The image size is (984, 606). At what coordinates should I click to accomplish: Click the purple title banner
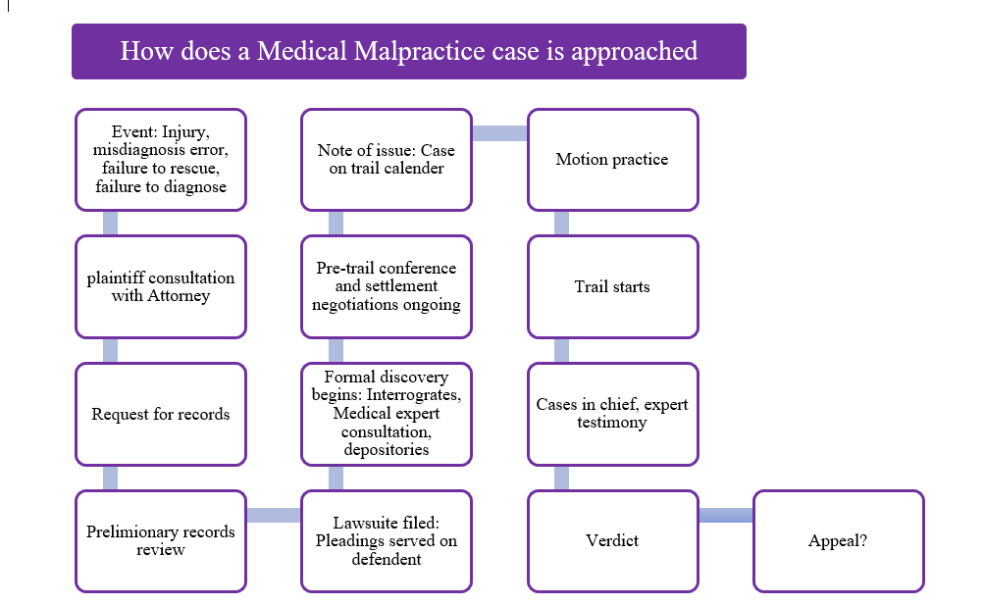coord(408,51)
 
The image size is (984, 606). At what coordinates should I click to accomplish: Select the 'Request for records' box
coord(161,414)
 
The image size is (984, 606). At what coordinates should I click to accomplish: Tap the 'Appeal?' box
coord(838,541)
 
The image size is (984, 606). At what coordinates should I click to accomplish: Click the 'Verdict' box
coord(612,541)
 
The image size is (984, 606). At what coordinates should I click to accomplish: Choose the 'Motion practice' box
coord(612,159)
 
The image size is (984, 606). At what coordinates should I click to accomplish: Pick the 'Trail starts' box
coord(612,286)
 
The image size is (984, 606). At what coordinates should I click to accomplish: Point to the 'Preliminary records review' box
coord(161,541)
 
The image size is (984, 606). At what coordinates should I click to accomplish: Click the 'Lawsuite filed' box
coord(387,541)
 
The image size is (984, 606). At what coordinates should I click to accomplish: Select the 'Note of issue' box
coord(387,159)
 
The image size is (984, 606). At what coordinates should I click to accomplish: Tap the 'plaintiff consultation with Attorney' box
coord(161,286)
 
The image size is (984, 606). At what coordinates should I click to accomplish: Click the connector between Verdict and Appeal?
coord(726,516)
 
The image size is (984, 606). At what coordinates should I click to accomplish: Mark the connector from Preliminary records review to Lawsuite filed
coord(274,516)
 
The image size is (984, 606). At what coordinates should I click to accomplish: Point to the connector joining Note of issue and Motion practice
coord(499,133)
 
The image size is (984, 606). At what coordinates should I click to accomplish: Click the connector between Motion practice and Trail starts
coord(561,224)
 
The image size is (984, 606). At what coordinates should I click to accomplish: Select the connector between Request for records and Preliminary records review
coord(110,478)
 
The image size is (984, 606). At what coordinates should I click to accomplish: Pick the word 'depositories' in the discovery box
coord(387,449)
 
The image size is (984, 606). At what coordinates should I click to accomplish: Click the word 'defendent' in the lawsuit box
coord(387,559)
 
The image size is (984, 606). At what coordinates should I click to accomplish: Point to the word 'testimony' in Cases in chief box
coord(612,422)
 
